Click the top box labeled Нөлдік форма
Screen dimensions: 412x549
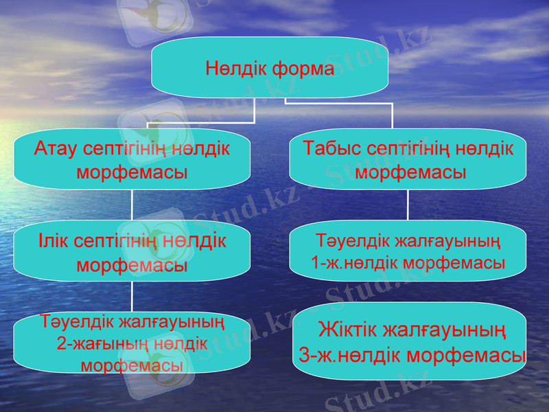click(x=270, y=67)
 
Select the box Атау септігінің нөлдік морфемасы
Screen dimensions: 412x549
click(x=132, y=159)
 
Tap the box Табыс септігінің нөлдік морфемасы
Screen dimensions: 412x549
click(x=408, y=159)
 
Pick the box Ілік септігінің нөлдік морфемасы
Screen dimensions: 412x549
click(x=132, y=252)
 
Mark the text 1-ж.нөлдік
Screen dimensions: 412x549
click(x=353, y=262)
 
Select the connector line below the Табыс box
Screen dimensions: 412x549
click(x=408, y=205)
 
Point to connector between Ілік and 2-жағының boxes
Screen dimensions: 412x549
click(x=132, y=297)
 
